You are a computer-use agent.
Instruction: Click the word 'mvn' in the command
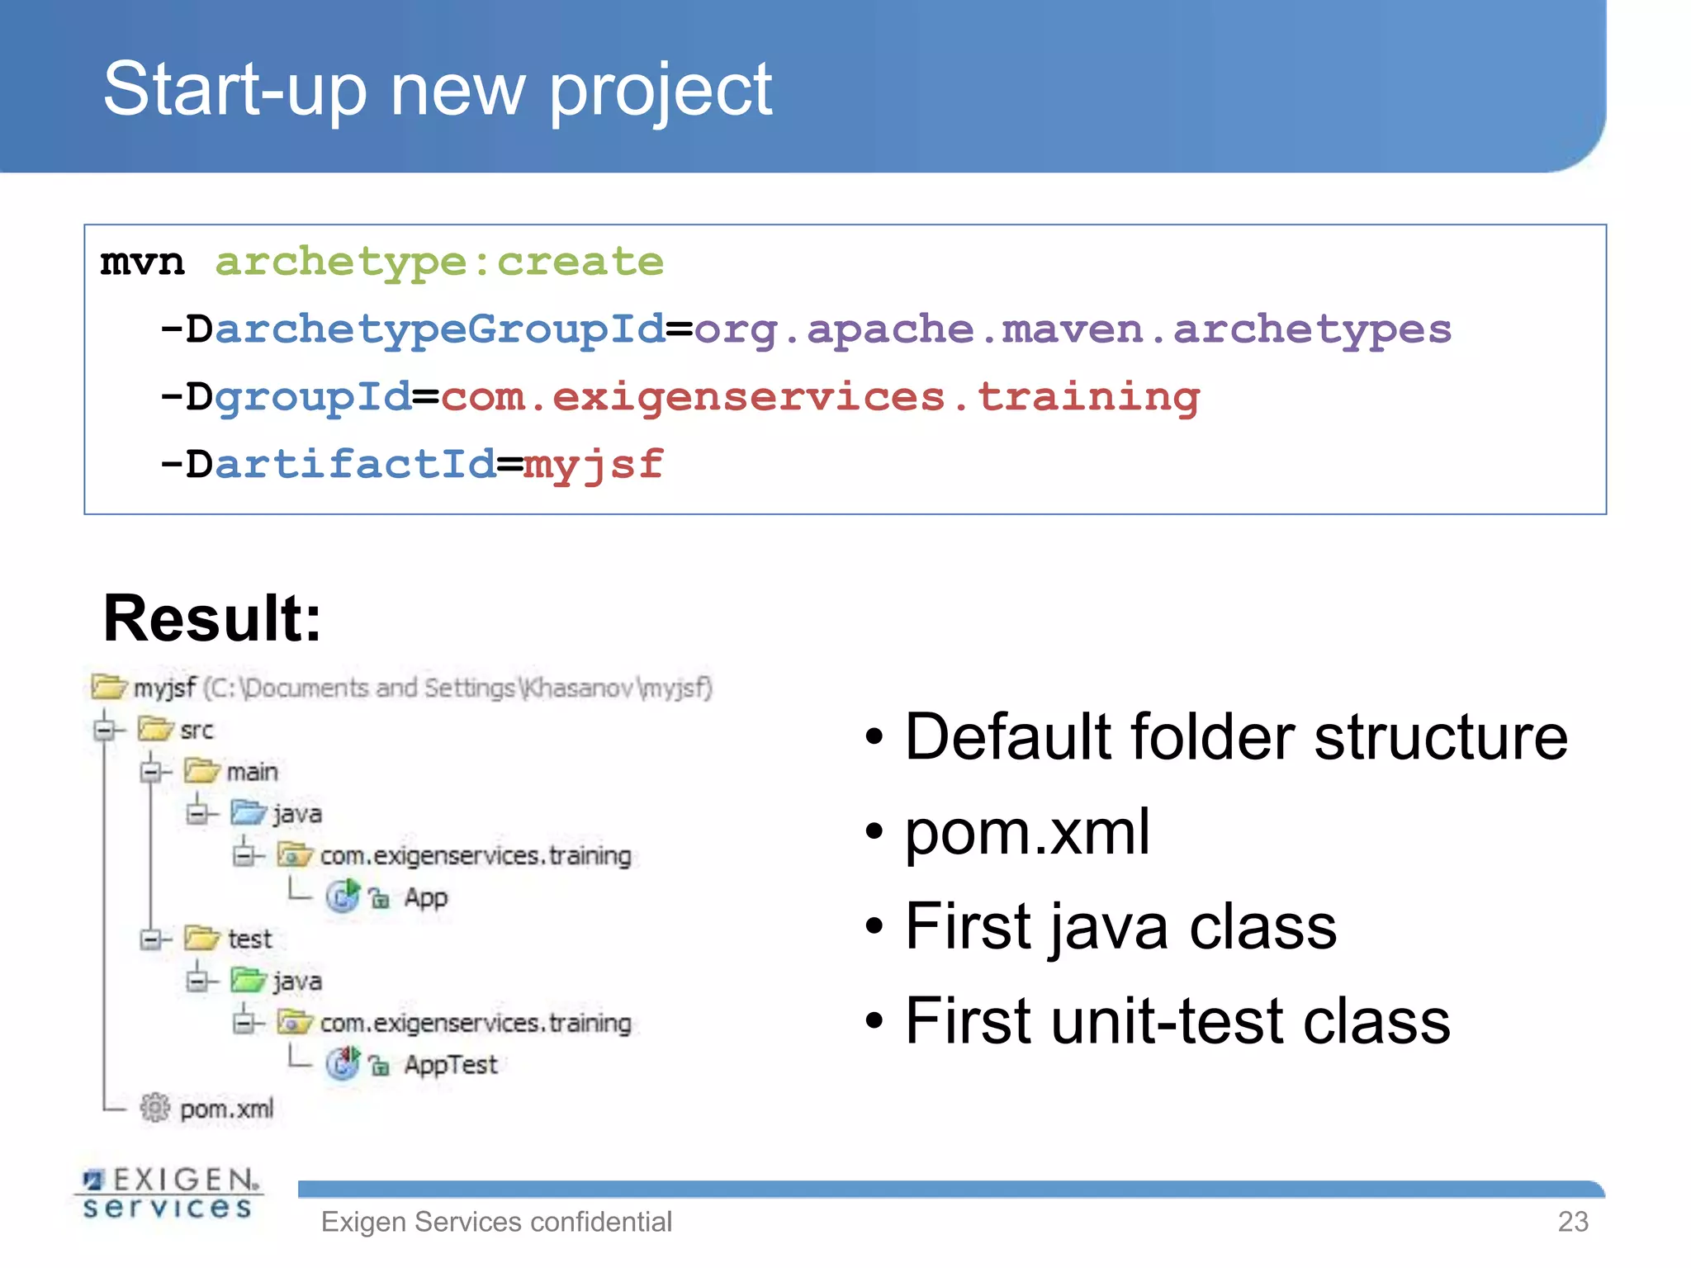coord(142,263)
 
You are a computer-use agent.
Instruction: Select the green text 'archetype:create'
coord(439,263)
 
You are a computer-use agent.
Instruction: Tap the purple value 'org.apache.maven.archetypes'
coord(1072,330)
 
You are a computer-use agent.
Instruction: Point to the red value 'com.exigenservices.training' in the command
coord(820,398)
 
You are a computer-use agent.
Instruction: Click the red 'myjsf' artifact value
coord(593,465)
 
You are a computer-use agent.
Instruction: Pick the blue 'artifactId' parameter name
coord(355,465)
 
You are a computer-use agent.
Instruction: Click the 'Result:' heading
coord(212,618)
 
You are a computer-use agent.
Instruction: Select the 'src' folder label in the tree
coord(197,730)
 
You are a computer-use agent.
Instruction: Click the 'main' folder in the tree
coord(252,772)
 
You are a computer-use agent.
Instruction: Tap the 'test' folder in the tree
coord(249,939)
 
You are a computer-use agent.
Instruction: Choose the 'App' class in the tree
coord(425,897)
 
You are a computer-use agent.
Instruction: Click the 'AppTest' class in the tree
coord(451,1065)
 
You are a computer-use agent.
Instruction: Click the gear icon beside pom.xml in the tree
coord(154,1108)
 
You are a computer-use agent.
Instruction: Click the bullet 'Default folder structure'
coord(1236,736)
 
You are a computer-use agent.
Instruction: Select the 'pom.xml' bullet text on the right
coord(1027,831)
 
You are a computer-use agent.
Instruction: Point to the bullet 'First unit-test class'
coord(1177,1021)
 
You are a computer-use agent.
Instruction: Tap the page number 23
coord(1573,1222)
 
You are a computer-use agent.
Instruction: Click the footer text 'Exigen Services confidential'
coord(496,1222)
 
